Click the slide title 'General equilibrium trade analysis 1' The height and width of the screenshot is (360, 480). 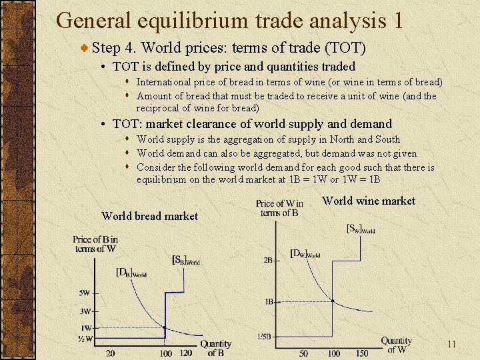[x=230, y=21]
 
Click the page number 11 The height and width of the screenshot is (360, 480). [x=451, y=345]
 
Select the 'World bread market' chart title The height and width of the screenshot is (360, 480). [x=149, y=216]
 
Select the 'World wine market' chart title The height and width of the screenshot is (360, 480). [x=368, y=201]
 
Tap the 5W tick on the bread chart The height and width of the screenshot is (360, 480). [x=85, y=293]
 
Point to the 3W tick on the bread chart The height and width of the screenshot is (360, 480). [x=85, y=311]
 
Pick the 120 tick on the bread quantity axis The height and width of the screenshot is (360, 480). [x=186, y=353]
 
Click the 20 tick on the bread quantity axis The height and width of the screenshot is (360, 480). [x=109, y=353]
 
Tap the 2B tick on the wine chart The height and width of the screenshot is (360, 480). [x=269, y=260]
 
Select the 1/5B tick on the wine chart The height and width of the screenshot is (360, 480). [x=265, y=336]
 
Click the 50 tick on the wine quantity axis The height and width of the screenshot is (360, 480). [x=303, y=353]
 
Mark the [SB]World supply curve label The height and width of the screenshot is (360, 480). [x=185, y=260]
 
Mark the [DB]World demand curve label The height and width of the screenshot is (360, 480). [x=131, y=272]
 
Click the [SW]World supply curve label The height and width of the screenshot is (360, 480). [x=361, y=229]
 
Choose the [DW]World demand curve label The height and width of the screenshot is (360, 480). [x=305, y=253]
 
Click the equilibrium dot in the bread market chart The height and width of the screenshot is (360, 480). [x=165, y=328]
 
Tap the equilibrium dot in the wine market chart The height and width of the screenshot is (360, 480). [x=333, y=301]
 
